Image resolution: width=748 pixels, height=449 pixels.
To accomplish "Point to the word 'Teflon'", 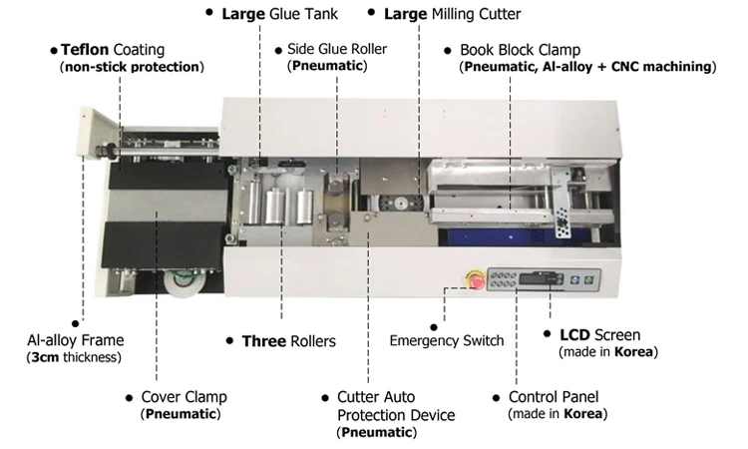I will point(85,49).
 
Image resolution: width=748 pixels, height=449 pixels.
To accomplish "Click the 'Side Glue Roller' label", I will point(337,49).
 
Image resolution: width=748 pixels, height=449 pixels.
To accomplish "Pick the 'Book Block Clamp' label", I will point(520,49).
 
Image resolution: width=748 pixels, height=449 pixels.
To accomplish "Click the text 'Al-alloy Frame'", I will point(73,340).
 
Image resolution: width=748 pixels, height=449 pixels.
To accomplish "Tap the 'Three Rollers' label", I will point(288,341).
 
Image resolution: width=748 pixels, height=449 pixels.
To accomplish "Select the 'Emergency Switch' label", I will point(446,341).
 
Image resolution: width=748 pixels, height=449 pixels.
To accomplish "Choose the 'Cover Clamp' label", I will point(184,396).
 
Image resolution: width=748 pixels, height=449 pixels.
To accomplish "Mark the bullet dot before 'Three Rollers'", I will point(231,341).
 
